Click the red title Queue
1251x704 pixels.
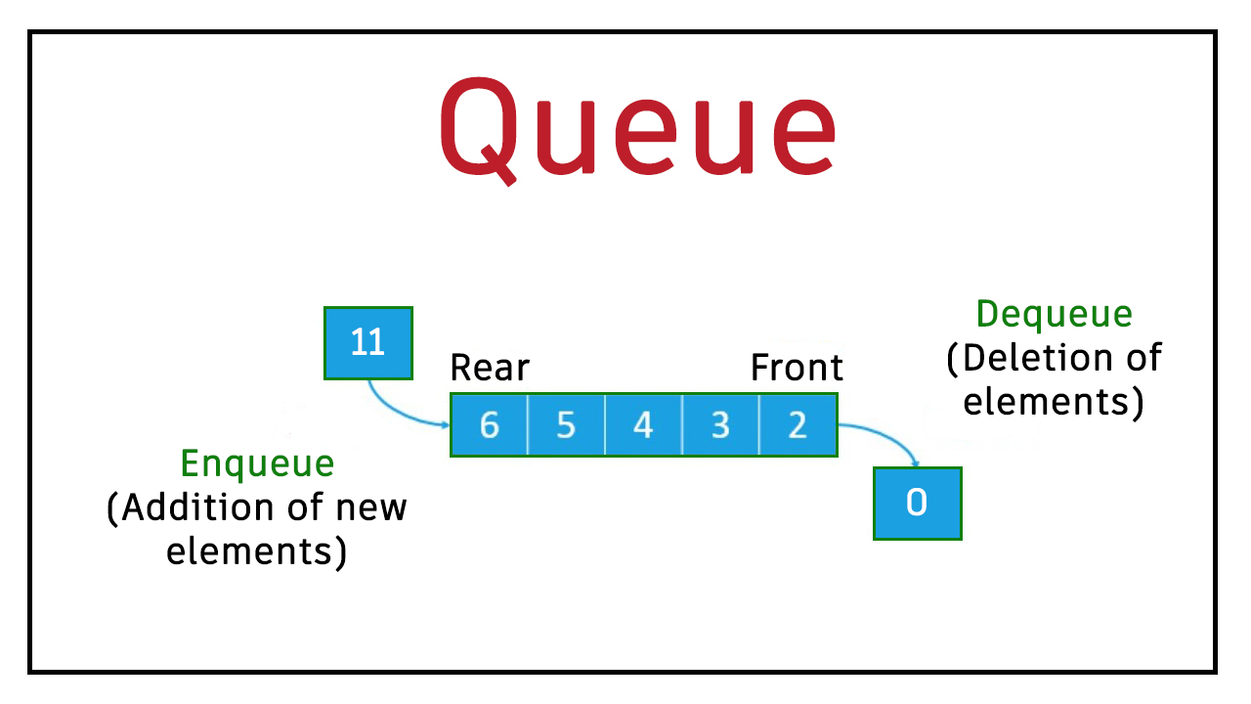coord(638,127)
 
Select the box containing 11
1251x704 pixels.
coord(368,343)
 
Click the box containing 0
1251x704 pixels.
coord(917,504)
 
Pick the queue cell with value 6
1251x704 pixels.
coord(490,425)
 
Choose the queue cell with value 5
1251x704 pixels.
coord(566,425)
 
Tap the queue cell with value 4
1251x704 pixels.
coord(643,425)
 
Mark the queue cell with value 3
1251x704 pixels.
coord(720,425)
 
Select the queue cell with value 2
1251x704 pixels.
coord(798,425)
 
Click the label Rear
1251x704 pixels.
coord(489,369)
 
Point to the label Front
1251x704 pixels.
coord(797,369)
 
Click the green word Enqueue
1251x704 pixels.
coord(258,463)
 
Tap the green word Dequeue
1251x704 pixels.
coord(1055,315)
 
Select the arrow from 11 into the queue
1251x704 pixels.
coord(401,411)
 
